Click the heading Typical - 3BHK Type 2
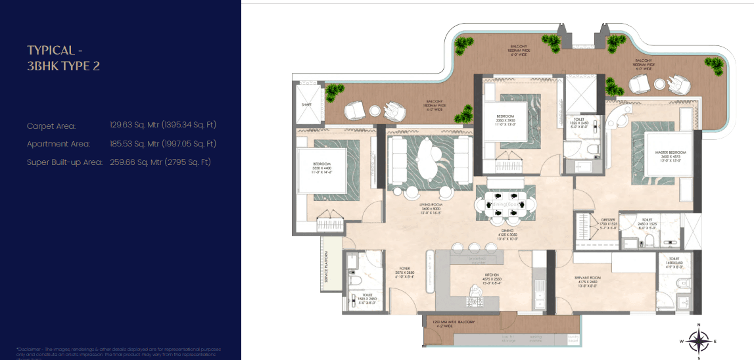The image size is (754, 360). click(x=63, y=58)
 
